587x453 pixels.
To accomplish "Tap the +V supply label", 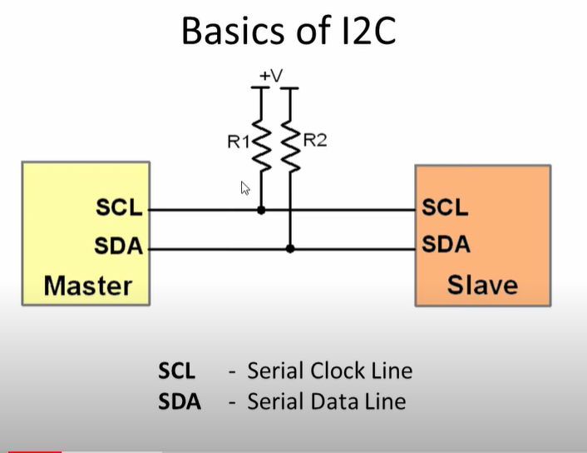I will coord(271,77).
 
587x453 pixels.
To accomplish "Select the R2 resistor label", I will coord(314,140).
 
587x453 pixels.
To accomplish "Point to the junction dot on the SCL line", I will coord(261,210).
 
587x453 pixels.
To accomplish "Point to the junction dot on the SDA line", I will coord(290,248).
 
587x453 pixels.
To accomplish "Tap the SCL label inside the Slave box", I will coord(446,207).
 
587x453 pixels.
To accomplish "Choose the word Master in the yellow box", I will coord(87,286).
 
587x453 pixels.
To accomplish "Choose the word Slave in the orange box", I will coord(482,286).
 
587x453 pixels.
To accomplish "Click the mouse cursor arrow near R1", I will coord(245,188).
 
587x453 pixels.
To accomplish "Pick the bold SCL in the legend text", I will coord(177,371).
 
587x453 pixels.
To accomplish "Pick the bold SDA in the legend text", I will coord(180,402).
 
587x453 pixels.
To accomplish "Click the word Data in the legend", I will coord(329,402).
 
